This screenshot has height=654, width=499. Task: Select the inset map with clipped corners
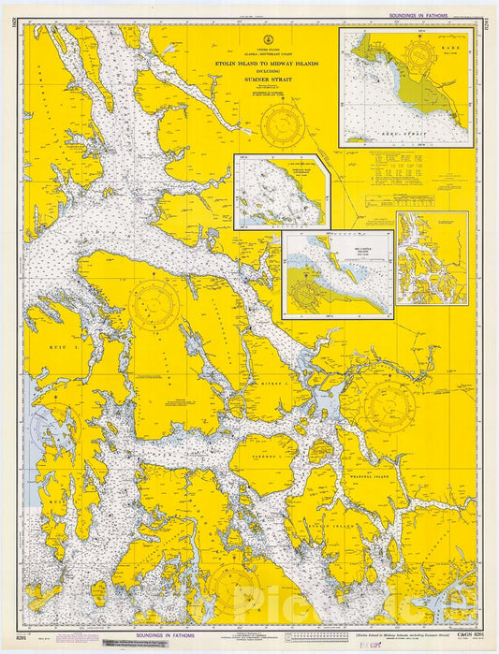[281, 192]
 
